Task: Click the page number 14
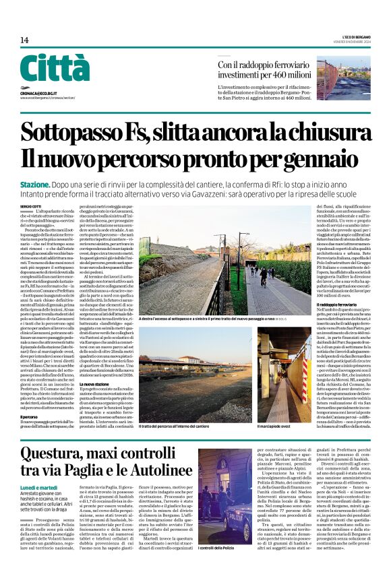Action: [x=24, y=40]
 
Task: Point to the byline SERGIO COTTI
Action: [x=30, y=205]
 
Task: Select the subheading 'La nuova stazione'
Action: [x=98, y=365]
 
